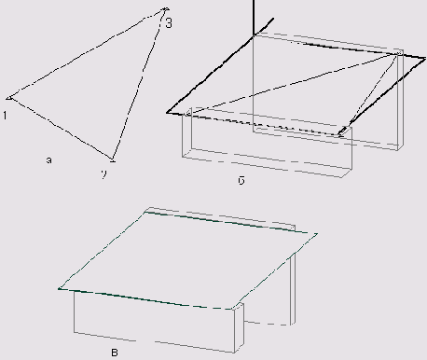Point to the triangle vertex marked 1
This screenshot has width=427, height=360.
(x=8, y=97)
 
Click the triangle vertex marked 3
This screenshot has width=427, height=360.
(x=164, y=10)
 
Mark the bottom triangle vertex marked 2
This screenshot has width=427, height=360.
(x=113, y=159)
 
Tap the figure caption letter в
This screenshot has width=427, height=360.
(x=114, y=351)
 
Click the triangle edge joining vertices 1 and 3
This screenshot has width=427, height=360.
(x=86, y=54)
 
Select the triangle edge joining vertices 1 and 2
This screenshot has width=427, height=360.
(x=61, y=128)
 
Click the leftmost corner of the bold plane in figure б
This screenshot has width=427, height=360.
(x=169, y=111)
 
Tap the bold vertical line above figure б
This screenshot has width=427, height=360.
(x=253, y=17)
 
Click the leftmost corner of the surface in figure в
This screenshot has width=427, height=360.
(x=59, y=290)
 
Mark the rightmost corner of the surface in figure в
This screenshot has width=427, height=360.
(x=317, y=233)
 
